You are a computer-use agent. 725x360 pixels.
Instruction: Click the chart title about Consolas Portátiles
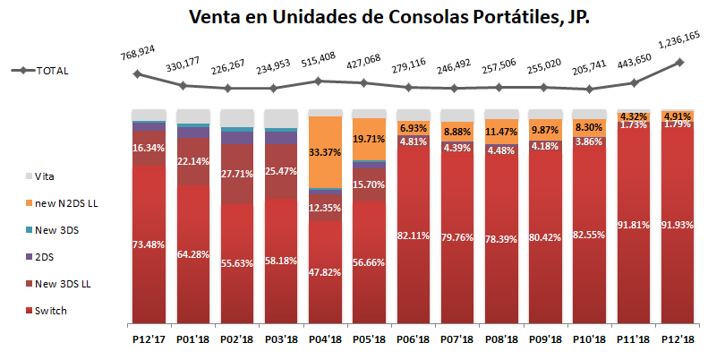click(x=388, y=17)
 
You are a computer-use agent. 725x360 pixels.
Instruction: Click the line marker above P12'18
click(x=679, y=62)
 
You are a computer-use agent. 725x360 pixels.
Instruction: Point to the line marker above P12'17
click(x=137, y=73)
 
